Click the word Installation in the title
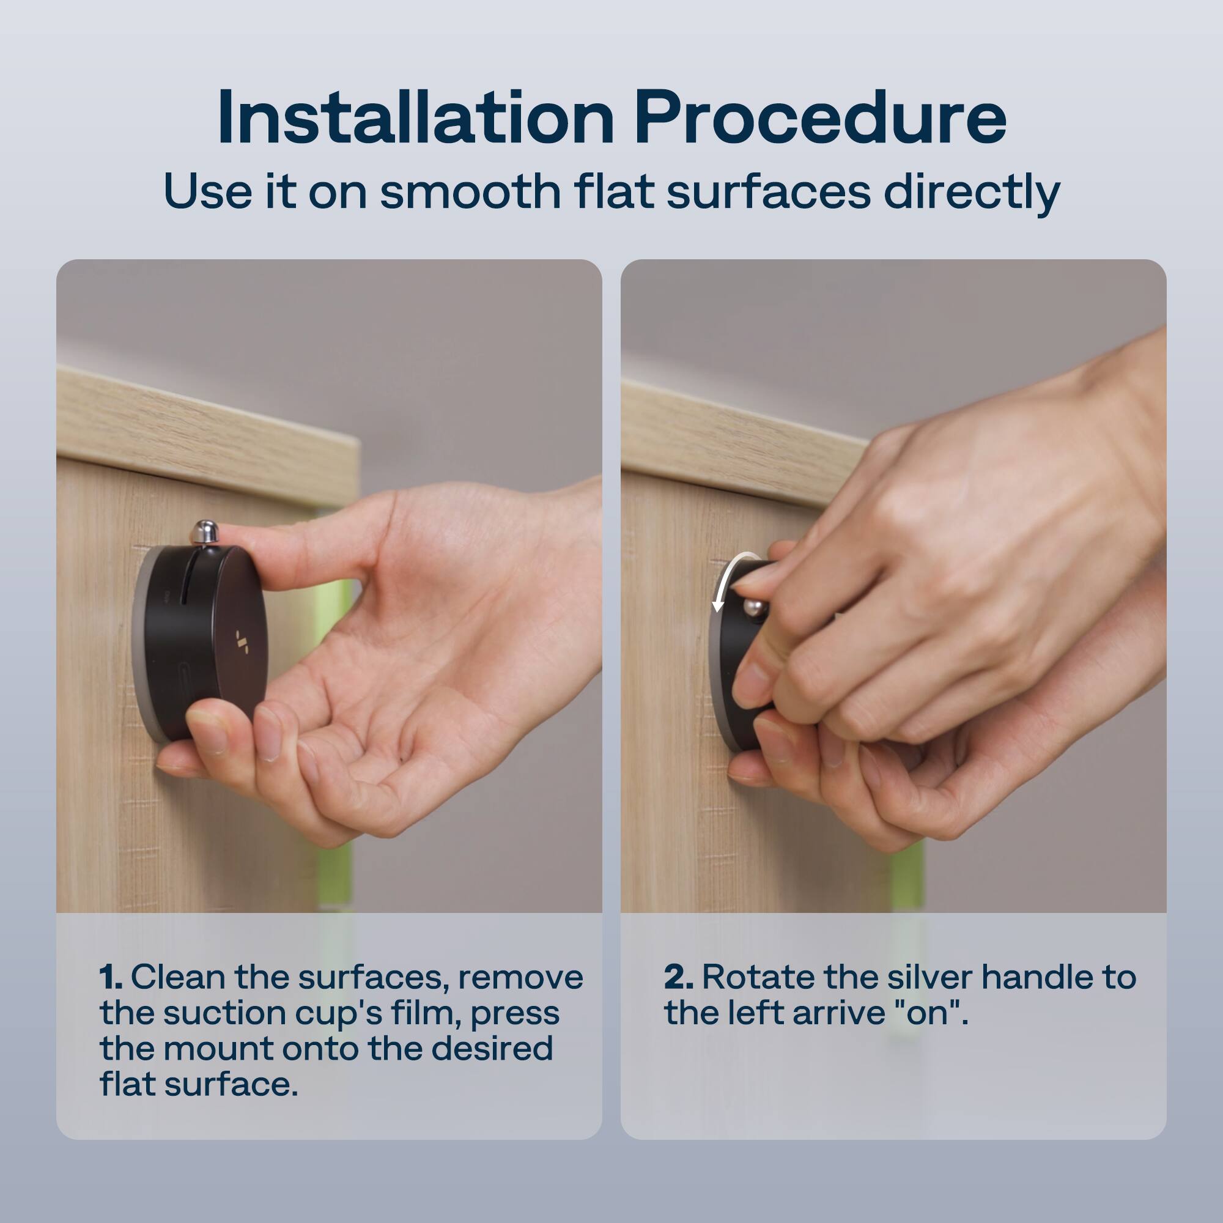pyautogui.click(x=415, y=119)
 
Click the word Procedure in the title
pyautogui.click(x=821, y=119)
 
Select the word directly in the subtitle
pyautogui.click(x=972, y=193)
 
